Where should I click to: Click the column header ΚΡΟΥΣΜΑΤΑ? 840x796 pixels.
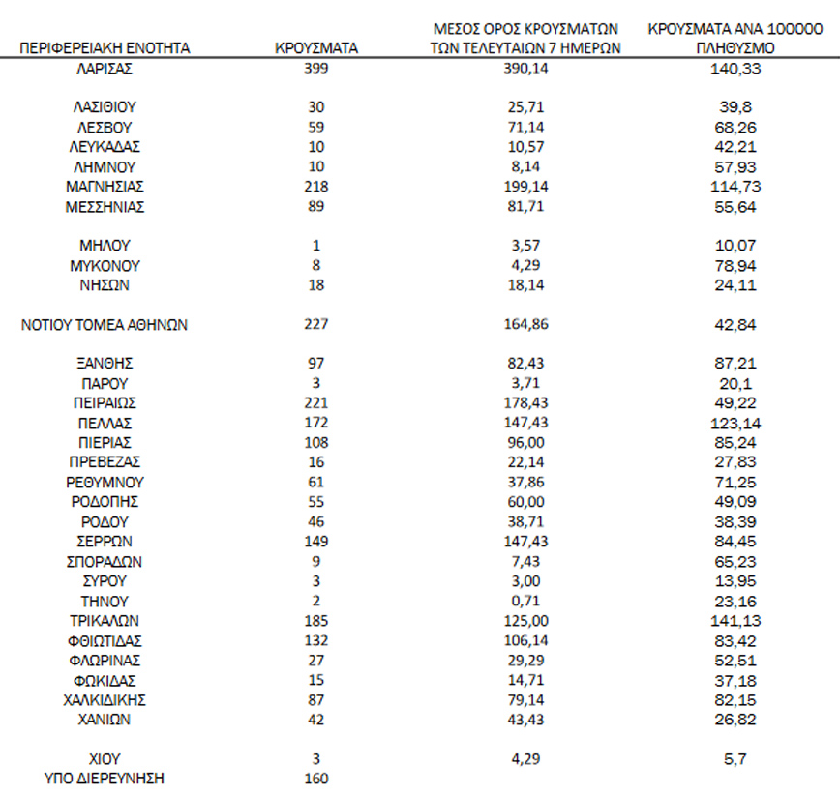pyautogui.click(x=315, y=46)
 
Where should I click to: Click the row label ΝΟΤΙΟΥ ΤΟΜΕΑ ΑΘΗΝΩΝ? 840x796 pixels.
pyautogui.click(x=105, y=325)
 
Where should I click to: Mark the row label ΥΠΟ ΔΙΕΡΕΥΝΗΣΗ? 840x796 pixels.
pyautogui.click(x=105, y=779)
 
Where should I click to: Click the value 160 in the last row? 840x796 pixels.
pyautogui.click(x=315, y=779)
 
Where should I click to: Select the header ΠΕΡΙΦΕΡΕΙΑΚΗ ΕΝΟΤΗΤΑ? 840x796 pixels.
pyautogui.click(x=105, y=46)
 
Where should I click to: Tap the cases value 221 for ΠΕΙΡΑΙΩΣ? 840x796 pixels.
pyautogui.click(x=315, y=403)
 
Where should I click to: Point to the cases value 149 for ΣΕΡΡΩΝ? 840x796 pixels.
pyautogui.click(x=315, y=542)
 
